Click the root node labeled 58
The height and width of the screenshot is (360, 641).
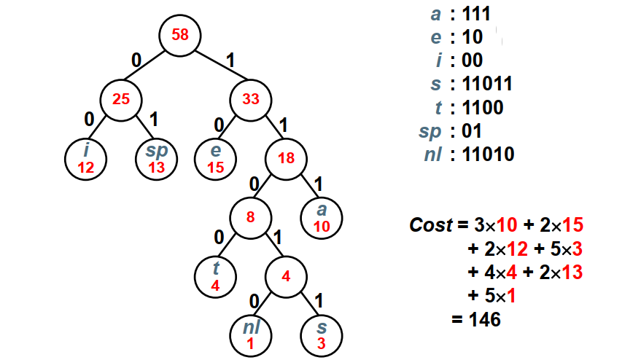coord(180,34)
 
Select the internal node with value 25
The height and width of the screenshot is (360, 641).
coord(122,99)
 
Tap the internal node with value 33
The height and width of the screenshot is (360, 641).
coord(251,99)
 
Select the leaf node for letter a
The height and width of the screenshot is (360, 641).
coord(322,217)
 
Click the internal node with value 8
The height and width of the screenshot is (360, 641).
coord(250,217)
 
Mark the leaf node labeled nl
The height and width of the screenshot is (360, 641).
coord(250,334)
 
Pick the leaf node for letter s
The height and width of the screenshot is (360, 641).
coord(322,334)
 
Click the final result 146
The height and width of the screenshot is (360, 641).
coord(483,318)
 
